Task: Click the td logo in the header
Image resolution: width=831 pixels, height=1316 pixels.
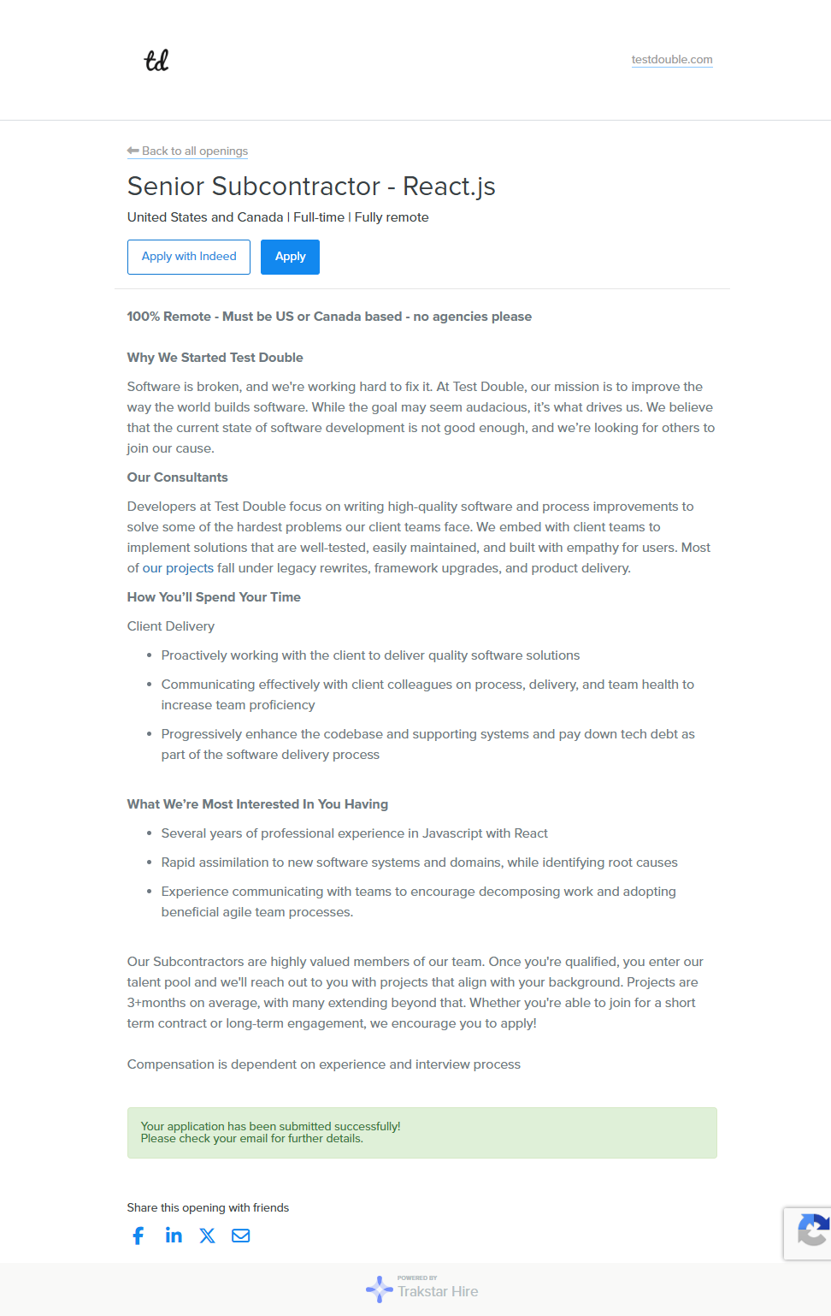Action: coord(156,61)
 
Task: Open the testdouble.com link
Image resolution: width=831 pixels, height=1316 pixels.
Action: coord(672,60)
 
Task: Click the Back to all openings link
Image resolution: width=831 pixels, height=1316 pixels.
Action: coord(188,151)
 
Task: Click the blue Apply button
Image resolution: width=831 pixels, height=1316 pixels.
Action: coord(290,257)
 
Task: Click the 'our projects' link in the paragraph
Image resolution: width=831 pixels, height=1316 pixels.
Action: coord(178,568)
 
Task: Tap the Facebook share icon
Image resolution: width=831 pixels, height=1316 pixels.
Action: coord(138,1236)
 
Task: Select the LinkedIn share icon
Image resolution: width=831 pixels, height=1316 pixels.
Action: coord(174,1235)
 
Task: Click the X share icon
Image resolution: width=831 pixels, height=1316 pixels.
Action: coord(207,1236)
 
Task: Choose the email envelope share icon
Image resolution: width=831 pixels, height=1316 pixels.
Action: coord(241,1236)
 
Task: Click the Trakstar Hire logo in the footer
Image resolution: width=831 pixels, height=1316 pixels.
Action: coord(422,1289)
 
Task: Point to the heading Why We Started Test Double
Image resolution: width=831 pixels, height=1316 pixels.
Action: coord(215,358)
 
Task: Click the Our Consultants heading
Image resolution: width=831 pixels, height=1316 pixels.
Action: coord(177,477)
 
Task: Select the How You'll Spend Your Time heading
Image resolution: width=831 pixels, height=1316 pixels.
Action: coord(214,597)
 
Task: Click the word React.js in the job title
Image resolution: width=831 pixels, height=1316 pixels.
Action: coord(449,187)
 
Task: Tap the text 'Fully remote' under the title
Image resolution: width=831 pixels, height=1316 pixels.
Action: coord(392,217)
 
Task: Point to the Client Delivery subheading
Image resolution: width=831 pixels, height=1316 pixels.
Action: coord(171,626)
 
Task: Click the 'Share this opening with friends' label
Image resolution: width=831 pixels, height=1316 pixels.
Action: coord(208,1207)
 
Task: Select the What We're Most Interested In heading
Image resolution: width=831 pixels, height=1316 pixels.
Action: coord(257,804)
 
